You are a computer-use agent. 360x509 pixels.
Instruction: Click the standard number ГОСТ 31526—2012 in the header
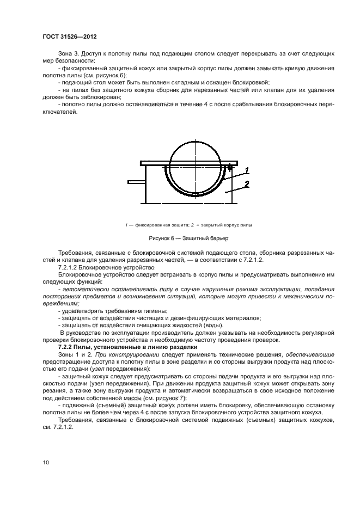(73, 37)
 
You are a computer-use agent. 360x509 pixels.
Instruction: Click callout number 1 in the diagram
(246, 169)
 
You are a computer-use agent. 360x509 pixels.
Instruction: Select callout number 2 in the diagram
(246, 184)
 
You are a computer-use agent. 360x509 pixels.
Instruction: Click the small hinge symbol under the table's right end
(229, 168)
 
